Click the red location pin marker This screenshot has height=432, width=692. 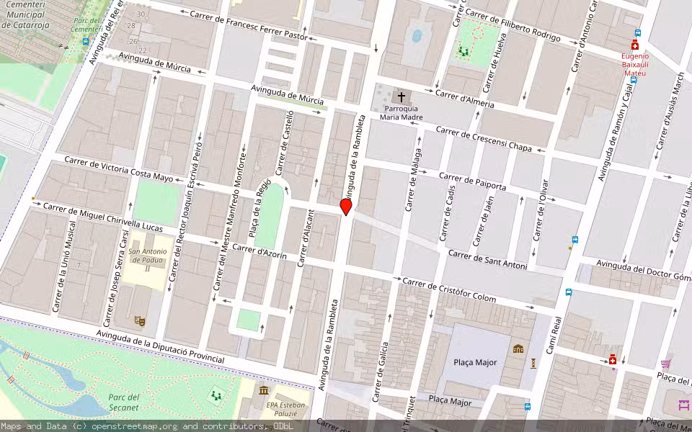pyautogui.click(x=346, y=207)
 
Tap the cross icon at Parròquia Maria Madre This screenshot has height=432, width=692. pyautogui.click(x=402, y=96)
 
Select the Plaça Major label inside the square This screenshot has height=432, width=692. pyautogui.click(x=475, y=362)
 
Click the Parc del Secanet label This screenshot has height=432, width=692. pyautogui.click(x=123, y=402)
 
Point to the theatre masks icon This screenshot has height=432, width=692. pyautogui.click(x=140, y=320)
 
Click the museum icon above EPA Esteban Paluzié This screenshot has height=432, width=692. pyautogui.click(x=264, y=390)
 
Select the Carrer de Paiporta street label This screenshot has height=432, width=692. pyautogui.click(x=472, y=181)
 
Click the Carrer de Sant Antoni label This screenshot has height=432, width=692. pyautogui.click(x=487, y=261)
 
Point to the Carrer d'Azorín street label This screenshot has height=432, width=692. pyautogui.click(x=261, y=253)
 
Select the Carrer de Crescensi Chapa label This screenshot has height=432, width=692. pyautogui.click(x=484, y=140)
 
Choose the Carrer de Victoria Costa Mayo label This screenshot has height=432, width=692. pyautogui.click(x=119, y=168)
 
